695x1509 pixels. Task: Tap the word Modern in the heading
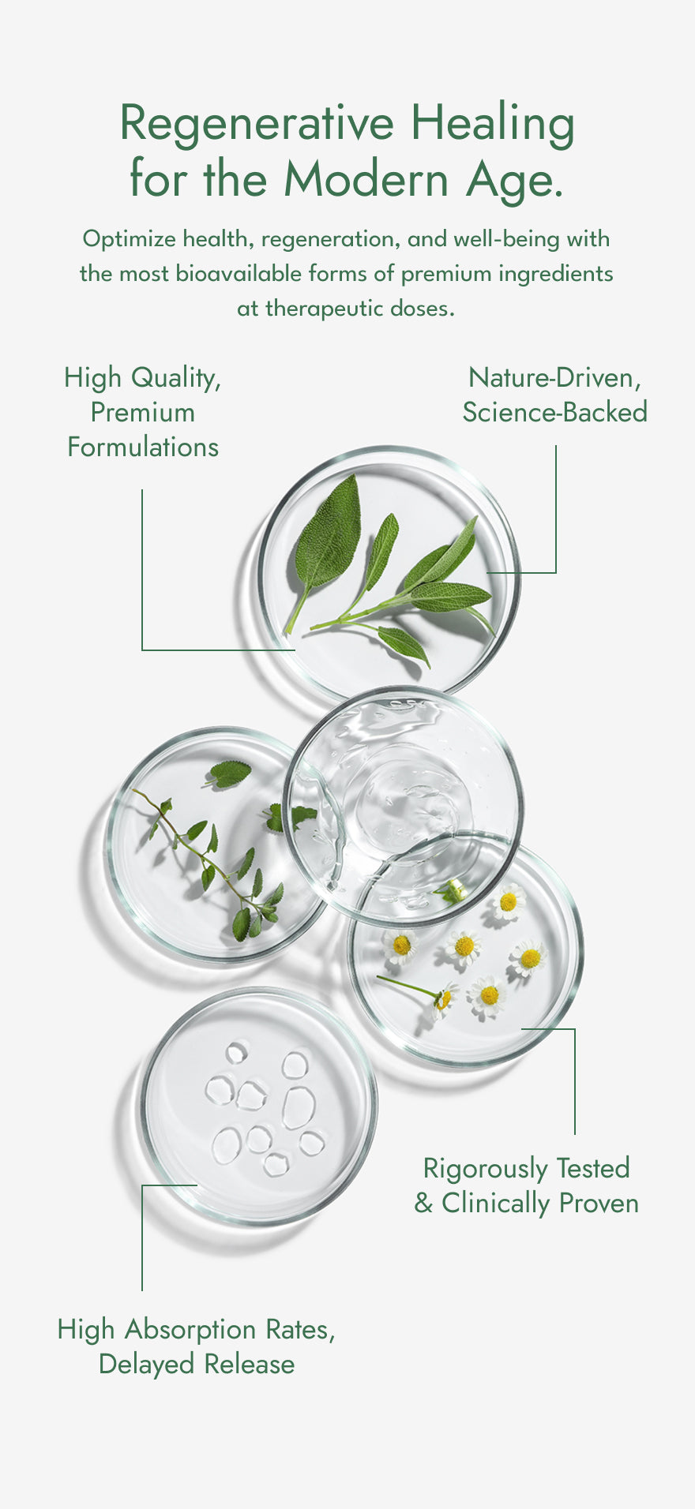click(x=366, y=179)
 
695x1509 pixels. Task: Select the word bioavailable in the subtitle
click(x=239, y=274)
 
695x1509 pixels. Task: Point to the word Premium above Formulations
click(x=142, y=412)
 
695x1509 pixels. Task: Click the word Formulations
click(x=143, y=447)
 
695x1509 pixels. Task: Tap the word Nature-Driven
click(x=554, y=377)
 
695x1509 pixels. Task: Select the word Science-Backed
click(x=554, y=412)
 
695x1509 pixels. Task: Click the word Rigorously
click(x=485, y=1168)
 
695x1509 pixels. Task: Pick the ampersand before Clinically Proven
click(x=423, y=1204)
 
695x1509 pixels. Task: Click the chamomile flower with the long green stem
click(x=442, y=997)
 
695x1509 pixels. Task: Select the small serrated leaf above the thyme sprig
click(x=229, y=773)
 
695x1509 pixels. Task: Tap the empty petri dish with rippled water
click(x=403, y=805)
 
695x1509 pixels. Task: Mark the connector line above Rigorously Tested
click(x=575, y=1081)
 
